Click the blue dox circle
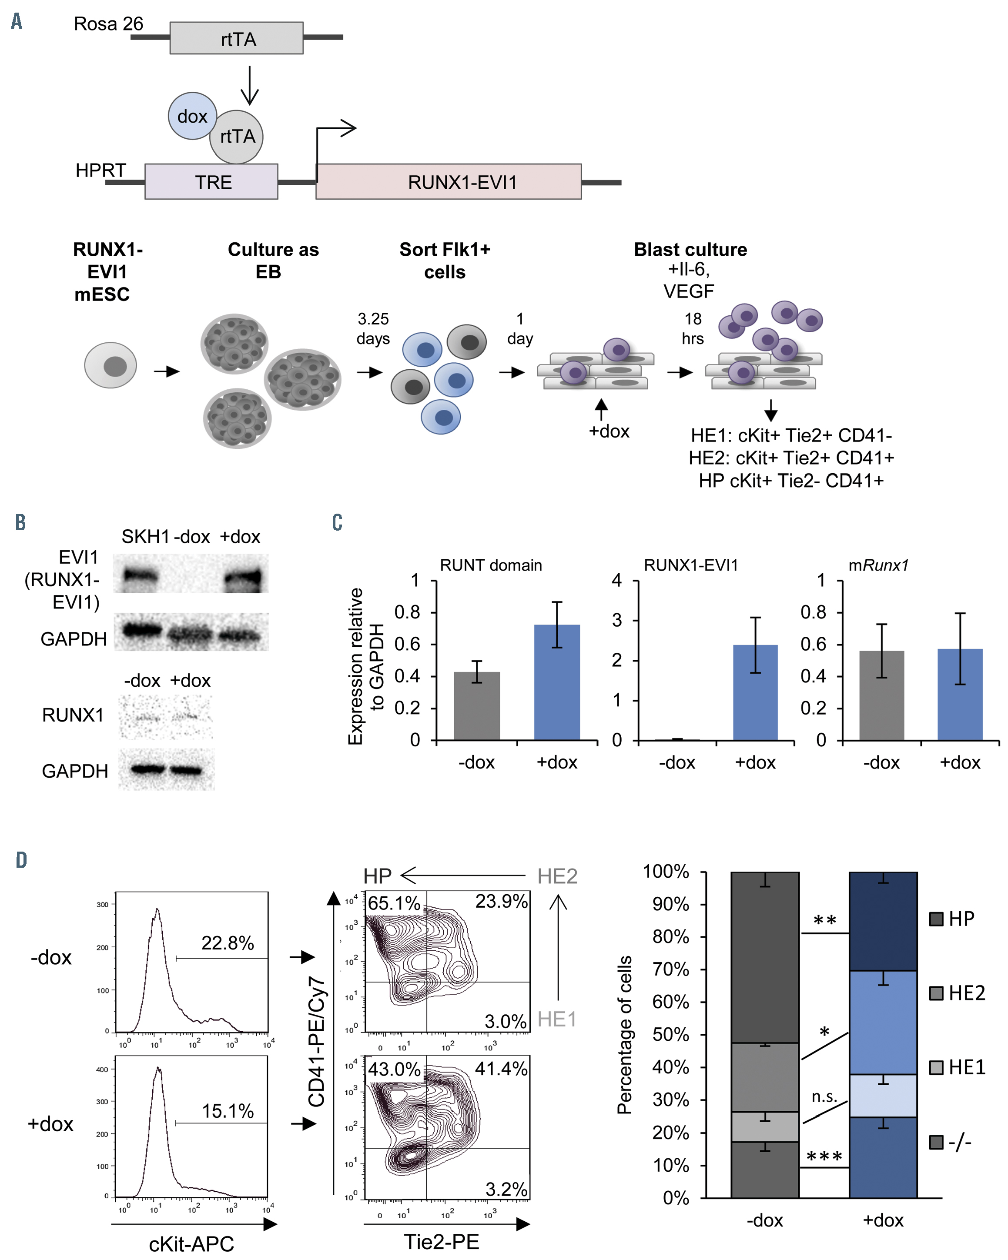(x=192, y=116)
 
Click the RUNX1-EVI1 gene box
(x=449, y=182)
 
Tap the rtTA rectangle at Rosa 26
(x=236, y=39)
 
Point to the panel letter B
(x=20, y=522)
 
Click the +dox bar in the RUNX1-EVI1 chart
(x=755, y=692)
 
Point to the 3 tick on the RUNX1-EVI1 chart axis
(x=617, y=620)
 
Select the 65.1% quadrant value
(x=393, y=903)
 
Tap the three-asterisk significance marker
(x=824, y=1156)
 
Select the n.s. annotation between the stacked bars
(x=824, y=1097)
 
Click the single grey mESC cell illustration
(x=111, y=365)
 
